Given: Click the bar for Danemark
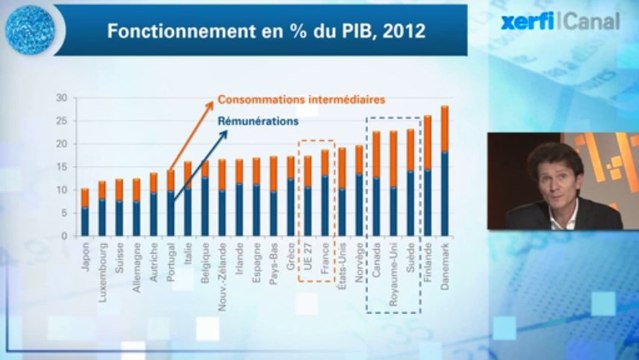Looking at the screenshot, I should [x=444, y=170].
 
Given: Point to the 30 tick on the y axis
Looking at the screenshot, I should [x=61, y=98].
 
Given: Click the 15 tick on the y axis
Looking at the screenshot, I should [x=61, y=167].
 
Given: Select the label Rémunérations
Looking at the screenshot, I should [x=257, y=122].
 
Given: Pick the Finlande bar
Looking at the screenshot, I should [x=427, y=175].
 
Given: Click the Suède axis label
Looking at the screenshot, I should [x=410, y=256].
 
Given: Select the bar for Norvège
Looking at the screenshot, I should [x=359, y=190].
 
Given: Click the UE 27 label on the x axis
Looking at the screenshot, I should [x=308, y=257].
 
